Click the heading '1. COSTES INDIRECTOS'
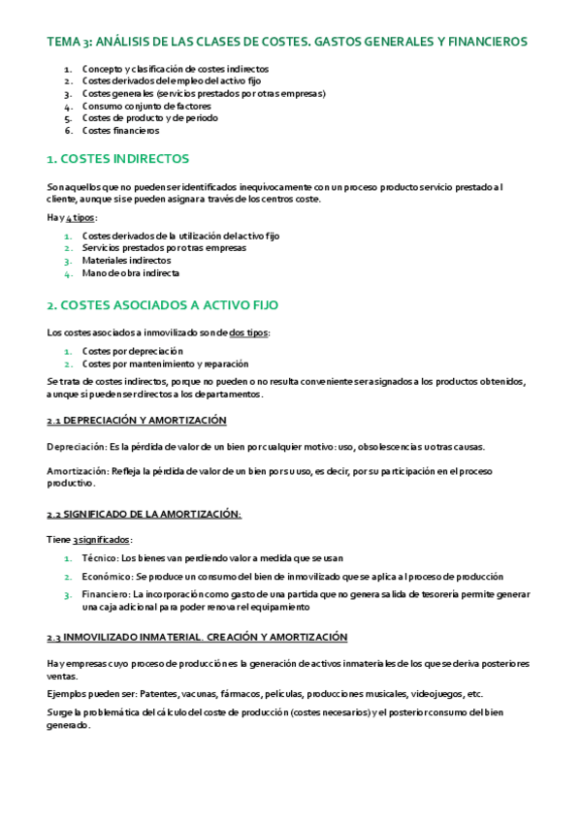(118, 159)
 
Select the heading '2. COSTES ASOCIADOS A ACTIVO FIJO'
(162, 304)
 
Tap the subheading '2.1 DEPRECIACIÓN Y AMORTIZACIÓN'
(136, 421)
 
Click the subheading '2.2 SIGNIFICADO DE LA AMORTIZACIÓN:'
(144, 514)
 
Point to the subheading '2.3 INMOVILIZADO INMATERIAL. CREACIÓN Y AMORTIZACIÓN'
(196, 637)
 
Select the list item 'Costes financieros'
(120, 131)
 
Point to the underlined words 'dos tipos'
(249, 332)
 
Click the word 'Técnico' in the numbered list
(100, 557)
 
